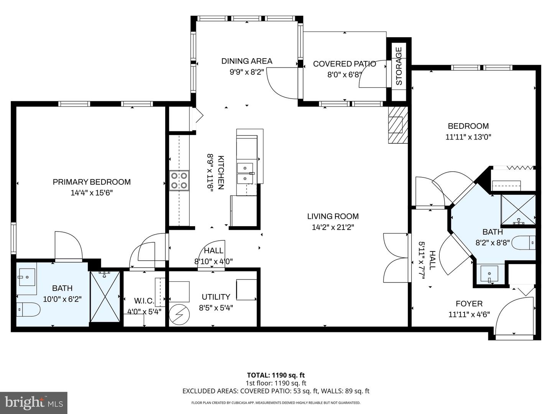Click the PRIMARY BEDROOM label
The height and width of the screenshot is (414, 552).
point(92,182)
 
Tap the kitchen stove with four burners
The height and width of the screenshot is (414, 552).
point(179,181)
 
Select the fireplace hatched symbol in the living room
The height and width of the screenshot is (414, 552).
point(398,125)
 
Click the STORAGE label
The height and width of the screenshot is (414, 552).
point(399,66)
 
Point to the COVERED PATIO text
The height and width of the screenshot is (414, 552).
point(344,64)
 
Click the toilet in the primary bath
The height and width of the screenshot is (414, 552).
point(29,309)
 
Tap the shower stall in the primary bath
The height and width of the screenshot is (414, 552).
point(105,297)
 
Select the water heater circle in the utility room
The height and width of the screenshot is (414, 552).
point(179,315)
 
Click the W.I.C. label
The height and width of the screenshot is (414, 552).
point(144,301)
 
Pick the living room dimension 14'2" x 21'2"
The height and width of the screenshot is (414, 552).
point(333,227)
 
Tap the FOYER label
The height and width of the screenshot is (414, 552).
point(469,304)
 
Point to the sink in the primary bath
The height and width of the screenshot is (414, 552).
point(27,276)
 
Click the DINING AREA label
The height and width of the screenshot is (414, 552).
point(246,61)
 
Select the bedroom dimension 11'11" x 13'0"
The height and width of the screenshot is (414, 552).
point(468,137)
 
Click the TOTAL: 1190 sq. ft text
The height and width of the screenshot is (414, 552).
point(276,375)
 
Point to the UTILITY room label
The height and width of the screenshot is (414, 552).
point(216,297)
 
